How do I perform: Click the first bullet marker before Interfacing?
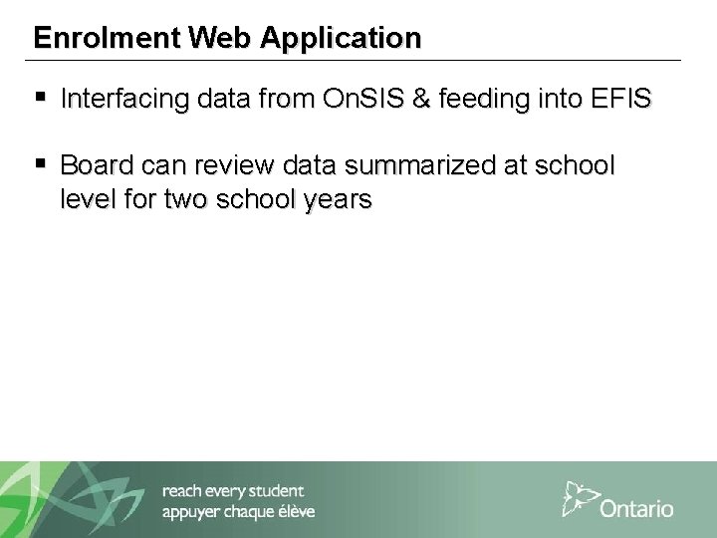click(39, 100)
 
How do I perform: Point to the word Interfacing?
click(120, 100)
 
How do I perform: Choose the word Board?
click(95, 164)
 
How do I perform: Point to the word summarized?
click(401, 164)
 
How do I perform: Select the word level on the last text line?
click(86, 199)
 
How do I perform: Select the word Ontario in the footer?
click(636, 508)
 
